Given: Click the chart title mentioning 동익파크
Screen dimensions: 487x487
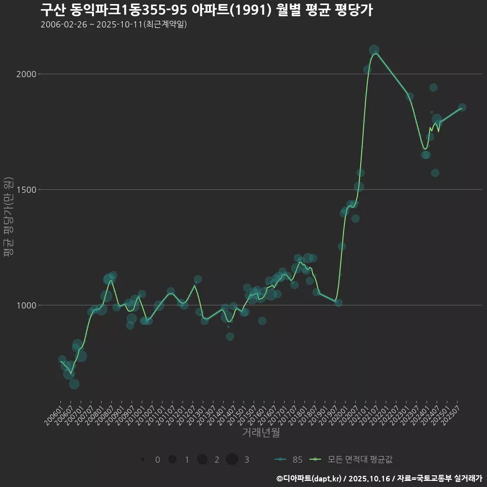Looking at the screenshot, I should (206, 9).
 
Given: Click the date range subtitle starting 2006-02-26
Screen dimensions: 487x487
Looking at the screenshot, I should (114, 24).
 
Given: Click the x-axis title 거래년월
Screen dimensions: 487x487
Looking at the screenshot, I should (261, 432).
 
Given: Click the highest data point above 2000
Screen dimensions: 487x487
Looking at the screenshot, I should (374, 50).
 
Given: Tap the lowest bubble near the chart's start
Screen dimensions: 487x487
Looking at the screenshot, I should (74, 384).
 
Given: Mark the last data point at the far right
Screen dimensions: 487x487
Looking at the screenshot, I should (462, 108).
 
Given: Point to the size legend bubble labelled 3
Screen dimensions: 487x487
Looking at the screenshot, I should (232, 460).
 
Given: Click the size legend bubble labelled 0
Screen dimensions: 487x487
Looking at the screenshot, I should (143, 460).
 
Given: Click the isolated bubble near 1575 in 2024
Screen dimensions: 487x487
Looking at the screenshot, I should (435, 173).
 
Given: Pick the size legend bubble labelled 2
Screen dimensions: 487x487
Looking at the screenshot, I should (202, 460).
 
